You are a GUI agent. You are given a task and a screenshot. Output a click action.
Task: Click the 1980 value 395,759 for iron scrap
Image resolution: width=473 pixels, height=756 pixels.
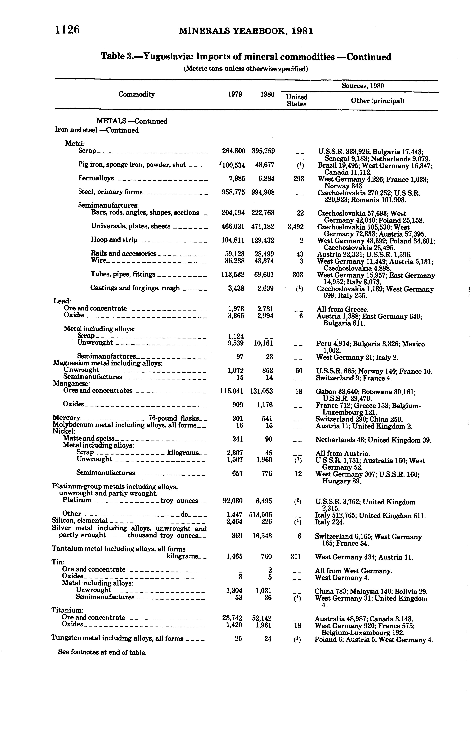click(x=263, y=151)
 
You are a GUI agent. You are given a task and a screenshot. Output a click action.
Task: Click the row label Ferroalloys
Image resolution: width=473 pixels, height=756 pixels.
click(x=96, y=178)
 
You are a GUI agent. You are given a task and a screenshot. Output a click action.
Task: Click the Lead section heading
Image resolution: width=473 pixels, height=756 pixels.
click(x=62, y=301)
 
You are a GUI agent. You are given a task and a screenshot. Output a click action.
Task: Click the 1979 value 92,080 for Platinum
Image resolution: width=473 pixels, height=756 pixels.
click(x=232, y=501)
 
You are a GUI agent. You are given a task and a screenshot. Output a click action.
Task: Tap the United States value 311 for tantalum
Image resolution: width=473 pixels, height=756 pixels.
click(x=298, y=557)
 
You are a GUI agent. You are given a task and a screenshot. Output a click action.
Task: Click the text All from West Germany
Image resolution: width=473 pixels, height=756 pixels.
click(x=353, y=571)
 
